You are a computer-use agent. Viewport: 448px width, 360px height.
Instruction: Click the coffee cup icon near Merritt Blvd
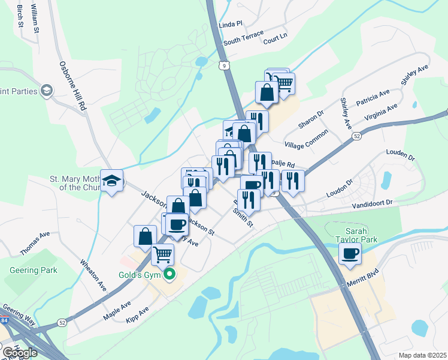click(350, 253)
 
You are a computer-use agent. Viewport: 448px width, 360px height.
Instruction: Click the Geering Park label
click(33, 270)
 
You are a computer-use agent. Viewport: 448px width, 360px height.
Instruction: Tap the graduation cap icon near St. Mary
click(111, 181)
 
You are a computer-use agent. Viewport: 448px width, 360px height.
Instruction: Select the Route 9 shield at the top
click(223, 65)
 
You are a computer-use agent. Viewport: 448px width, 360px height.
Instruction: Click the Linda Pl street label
click(231, 25)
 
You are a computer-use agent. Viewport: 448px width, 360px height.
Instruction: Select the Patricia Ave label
click(373, 98)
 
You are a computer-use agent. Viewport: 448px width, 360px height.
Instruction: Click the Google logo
click(20, 353)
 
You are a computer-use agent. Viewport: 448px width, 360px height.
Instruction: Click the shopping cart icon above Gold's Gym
click(163, 254)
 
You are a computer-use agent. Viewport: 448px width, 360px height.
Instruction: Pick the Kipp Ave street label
click(136, 316)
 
